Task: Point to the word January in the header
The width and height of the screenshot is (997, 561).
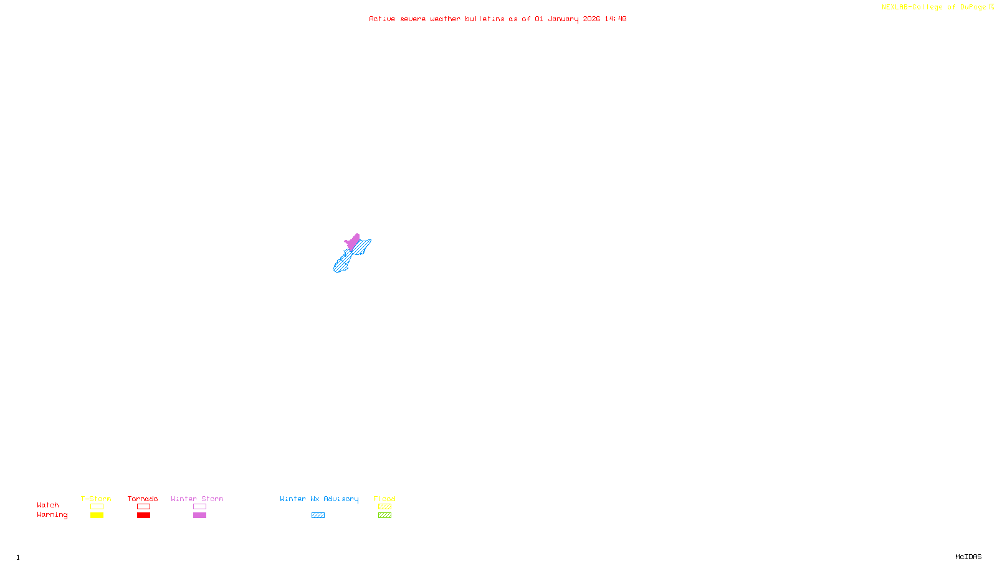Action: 563,19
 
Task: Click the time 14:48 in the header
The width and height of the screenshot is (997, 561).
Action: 615,19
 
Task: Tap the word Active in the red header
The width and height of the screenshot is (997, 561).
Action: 382,19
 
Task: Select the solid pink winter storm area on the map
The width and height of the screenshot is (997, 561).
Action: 353,242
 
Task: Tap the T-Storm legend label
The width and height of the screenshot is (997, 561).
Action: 96,499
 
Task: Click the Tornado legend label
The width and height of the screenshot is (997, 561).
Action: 143,499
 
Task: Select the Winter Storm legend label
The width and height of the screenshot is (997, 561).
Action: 197,499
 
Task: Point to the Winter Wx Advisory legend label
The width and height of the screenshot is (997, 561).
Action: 319,499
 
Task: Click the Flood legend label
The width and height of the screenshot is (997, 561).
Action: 384,499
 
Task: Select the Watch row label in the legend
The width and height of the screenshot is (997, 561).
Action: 48,505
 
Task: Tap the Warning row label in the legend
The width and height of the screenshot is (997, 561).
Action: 52,515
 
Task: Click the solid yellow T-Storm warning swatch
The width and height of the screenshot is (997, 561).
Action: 97,515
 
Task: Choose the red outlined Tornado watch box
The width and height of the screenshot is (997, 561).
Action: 143,507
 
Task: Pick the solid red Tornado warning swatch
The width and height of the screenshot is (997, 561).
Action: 143,515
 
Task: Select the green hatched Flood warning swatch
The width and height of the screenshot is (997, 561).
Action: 384,515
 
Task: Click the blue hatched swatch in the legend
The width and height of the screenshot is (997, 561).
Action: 318,515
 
